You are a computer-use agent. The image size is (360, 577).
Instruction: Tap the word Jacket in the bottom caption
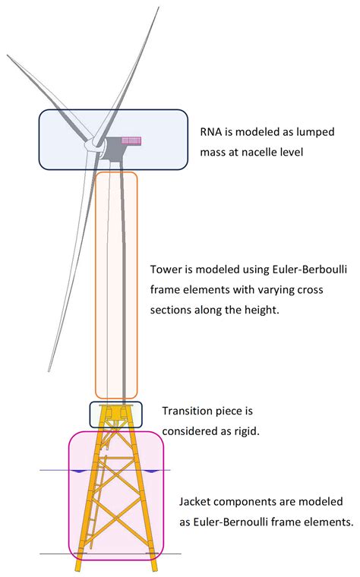click(x=197, y=503)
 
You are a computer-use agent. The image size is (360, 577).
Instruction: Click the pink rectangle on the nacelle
click(x=131, y=140)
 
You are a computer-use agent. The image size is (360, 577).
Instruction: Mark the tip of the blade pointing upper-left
click(x=7, y=55)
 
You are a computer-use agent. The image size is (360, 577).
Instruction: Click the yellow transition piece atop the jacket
click(x=115, y=414)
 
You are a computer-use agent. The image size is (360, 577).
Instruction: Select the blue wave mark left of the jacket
click(x=78, y=471)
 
